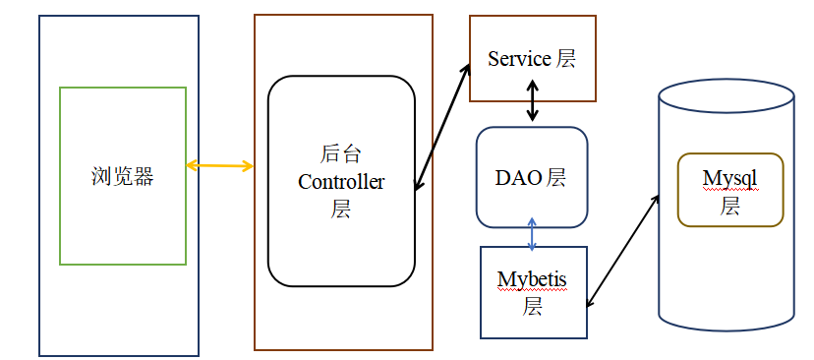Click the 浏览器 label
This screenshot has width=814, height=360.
coord(122,177)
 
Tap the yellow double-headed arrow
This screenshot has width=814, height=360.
coord(219,166)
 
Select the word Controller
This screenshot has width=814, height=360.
coord(341,182)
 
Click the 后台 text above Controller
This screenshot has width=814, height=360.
coord(340,154)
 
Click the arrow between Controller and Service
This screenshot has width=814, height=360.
coord(441,128)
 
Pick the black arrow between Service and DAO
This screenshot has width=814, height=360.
coord(532,100)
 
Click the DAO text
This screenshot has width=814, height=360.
coord(519,178)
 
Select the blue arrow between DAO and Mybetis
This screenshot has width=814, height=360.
coord(532,234)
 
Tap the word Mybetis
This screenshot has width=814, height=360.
coord(532,280)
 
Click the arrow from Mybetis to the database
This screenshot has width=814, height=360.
coord(622,251)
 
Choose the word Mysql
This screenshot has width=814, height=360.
coord(729,179)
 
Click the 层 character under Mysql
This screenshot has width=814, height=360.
coord(729,207)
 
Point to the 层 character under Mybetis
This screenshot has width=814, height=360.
coord(533,307)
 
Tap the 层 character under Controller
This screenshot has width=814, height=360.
coord(340,210)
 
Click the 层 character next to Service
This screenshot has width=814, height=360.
coord(565,59)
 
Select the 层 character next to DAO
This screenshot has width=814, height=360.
coord(554,178)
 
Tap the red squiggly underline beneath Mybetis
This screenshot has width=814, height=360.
coord(532,291)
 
